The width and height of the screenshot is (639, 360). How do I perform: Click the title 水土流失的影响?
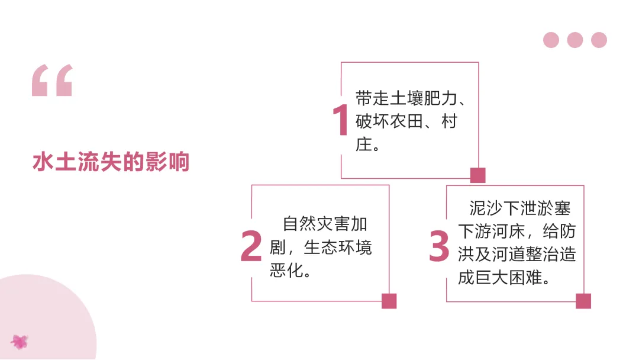(111, 162)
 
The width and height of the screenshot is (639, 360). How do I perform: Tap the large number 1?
(340, 120)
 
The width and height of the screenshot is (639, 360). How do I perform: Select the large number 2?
(251, 246)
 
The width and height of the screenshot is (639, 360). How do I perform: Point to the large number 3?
(439, 246)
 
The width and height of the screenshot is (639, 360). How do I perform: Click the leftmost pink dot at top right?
(551, 40)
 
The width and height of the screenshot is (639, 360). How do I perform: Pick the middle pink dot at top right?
(575, 40)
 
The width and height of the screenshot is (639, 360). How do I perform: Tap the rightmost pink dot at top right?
(599, 40)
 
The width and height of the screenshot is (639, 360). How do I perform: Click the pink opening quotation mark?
(52, 81)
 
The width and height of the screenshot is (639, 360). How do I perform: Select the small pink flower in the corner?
(20, 341)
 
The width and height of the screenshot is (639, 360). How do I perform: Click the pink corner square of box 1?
(477, 175)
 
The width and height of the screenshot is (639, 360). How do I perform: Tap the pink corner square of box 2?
(389, 301)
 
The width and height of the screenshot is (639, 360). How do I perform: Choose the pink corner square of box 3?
(583, 301)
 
